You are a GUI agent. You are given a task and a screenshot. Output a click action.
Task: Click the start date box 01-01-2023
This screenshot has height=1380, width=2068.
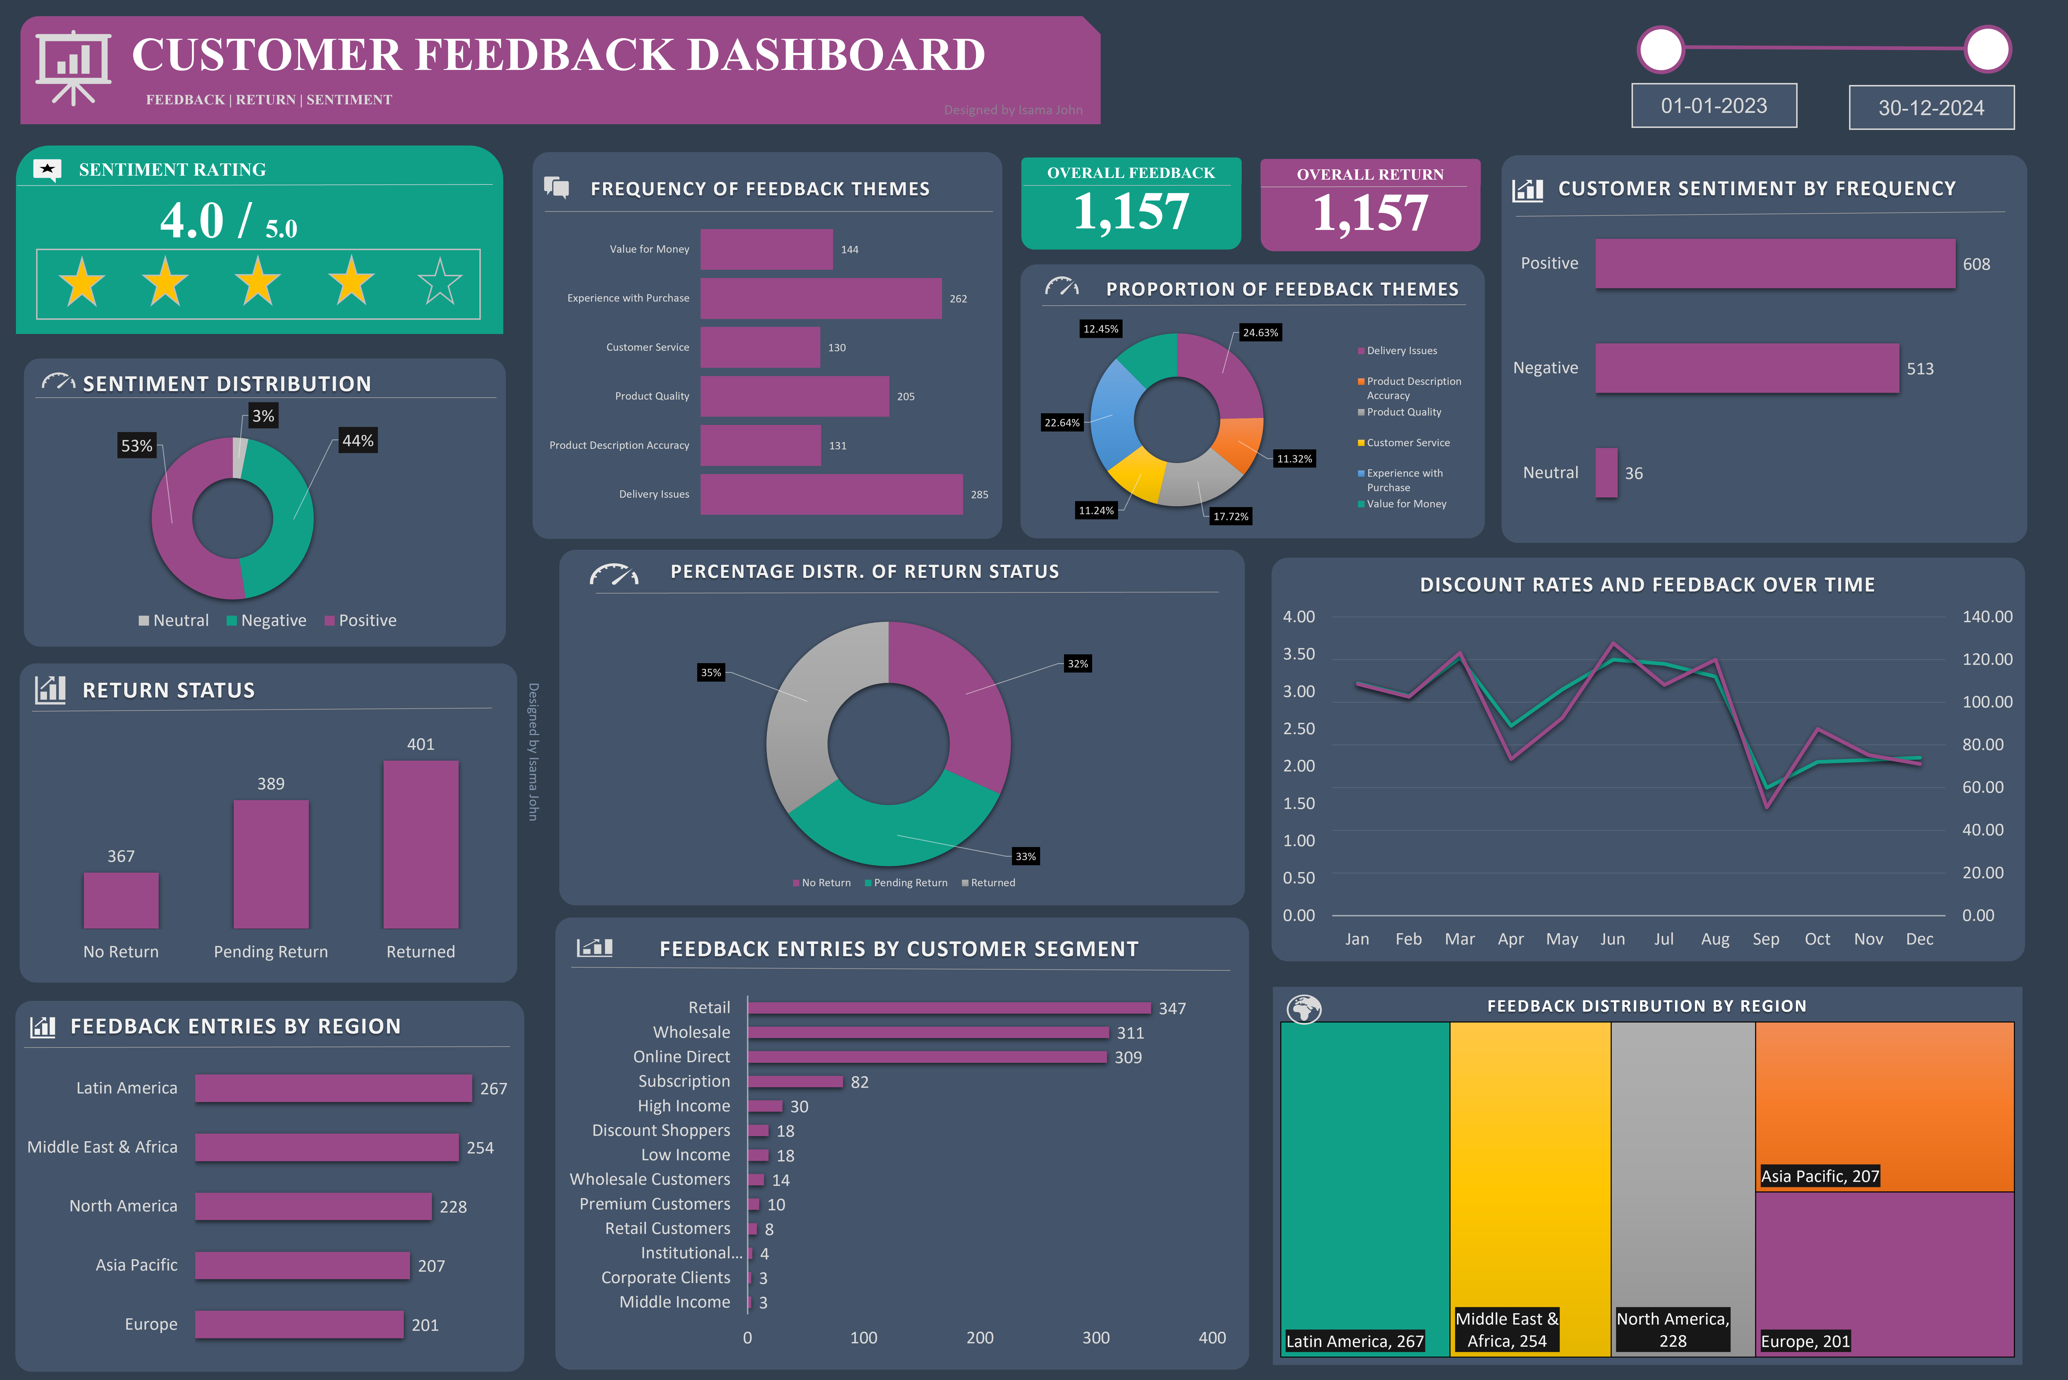1713,106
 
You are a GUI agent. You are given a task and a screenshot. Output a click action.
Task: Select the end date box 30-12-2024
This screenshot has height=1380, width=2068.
1931,107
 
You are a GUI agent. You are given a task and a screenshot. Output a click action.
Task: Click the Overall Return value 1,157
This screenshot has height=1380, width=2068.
1370,214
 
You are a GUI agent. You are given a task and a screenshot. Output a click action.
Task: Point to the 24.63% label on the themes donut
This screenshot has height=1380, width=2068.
1260,333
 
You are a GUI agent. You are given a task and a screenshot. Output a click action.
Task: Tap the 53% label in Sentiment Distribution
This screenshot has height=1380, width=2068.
136,445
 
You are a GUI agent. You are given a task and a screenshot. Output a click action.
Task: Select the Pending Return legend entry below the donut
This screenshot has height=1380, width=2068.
909,883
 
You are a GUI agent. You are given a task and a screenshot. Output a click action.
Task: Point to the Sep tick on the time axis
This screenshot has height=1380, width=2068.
1765,939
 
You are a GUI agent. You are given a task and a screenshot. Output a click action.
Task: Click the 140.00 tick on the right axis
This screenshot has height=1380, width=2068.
1986,617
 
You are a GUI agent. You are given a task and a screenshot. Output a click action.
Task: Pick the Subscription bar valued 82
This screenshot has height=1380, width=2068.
795,1082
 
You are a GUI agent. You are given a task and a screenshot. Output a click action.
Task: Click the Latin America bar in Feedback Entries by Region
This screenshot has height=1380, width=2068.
333,1089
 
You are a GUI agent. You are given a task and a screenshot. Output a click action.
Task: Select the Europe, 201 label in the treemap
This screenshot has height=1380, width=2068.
1805,1341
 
